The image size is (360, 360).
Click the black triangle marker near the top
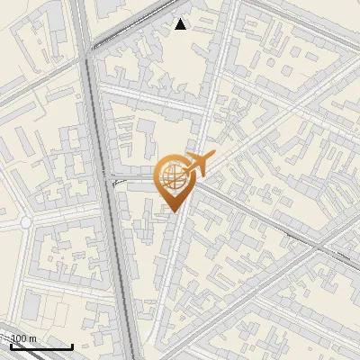point(181,24)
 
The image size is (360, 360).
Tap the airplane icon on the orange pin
point(194,166)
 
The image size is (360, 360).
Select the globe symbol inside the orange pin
point(172,177)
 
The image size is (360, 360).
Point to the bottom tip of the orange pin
point(171,211)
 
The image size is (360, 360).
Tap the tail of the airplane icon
point(182,174)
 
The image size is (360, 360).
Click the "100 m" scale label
point(23,338)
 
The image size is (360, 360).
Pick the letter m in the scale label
point(33,338)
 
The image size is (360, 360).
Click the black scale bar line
point(41,347)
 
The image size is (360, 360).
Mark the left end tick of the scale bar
point(11,346)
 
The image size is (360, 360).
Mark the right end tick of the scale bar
point(72,346)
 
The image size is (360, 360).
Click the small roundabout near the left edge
point(24,221)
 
